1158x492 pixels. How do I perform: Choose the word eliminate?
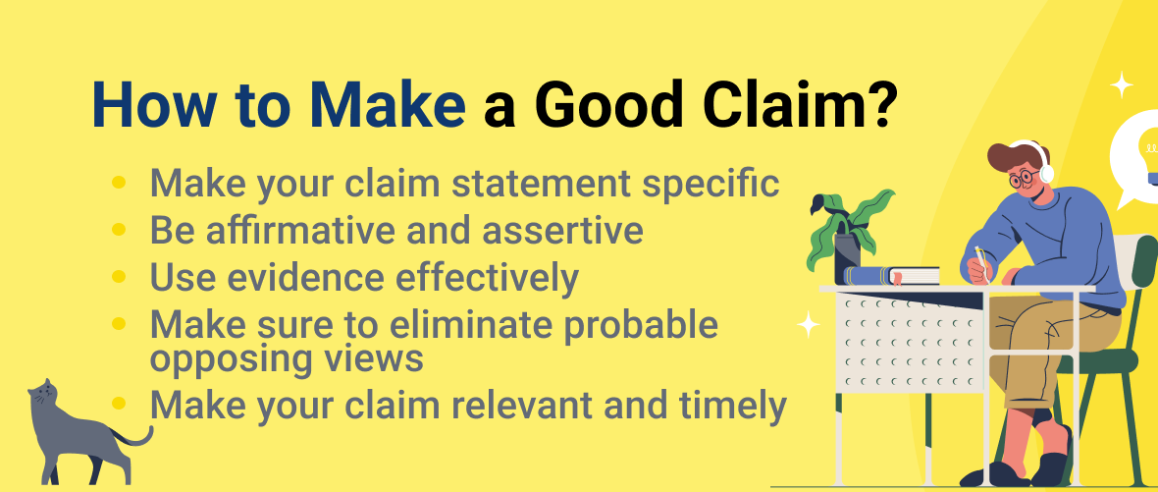(493, 324)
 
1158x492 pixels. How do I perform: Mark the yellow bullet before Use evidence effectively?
(119, 278)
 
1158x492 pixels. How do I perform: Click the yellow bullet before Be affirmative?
(119, 231)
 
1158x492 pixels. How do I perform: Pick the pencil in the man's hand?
(978, 257)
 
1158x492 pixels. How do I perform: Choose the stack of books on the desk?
(893, 276)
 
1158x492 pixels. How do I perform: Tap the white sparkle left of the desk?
(808, 325)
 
